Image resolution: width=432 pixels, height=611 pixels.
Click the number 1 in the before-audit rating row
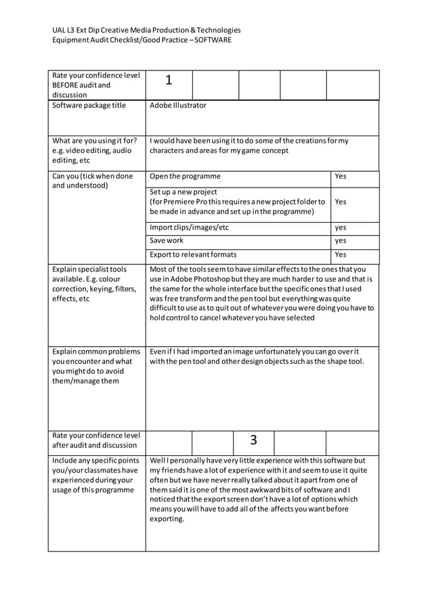pos(169,81)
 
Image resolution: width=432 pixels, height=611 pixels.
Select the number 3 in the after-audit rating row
pos(253,440)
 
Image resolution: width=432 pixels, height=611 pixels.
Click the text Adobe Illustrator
pos(178,106)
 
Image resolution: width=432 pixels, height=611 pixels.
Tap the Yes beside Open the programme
pos(341,176)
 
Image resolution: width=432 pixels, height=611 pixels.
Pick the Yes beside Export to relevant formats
pos(341,255)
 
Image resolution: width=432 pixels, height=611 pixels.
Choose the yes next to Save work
pos(341,240)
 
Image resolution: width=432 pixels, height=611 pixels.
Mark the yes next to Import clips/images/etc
pos(341,228)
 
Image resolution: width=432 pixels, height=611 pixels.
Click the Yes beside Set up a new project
pos(341,202)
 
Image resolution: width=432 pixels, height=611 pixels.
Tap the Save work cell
pos(167,240)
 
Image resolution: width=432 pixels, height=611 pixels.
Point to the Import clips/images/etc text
pos(189,228)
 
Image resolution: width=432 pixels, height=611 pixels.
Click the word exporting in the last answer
pos(166,520)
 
